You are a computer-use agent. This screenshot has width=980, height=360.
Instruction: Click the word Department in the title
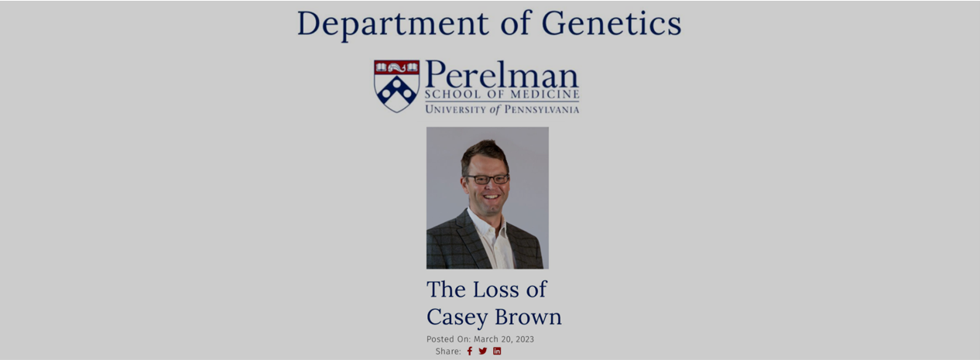click(x=392, y=25)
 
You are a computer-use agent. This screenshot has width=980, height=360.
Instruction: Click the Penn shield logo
click(x=396, y=86)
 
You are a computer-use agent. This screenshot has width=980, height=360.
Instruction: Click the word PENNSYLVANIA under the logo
click(x=542, y=109)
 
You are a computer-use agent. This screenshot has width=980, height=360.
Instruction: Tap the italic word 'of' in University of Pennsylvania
click(x=495, y=109)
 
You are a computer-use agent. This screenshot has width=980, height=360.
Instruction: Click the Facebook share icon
click(x=469, y=351)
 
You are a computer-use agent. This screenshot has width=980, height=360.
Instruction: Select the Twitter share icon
click(x=482, y=351)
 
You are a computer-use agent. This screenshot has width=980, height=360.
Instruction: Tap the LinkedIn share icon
click(x=497, y=351)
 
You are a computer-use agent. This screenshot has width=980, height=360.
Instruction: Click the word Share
click(x=448, y=351)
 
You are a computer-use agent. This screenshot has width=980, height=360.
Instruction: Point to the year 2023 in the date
click(x=524, y=339)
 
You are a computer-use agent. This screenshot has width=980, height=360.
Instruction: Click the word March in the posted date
click(x=486, y=339)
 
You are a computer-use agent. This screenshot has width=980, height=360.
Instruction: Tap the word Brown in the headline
click(x=528, y=316)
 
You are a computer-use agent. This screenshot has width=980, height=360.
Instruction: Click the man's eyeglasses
click(x=488, y=179)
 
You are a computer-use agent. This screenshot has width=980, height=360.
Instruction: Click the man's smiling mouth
click(x=491, y=197)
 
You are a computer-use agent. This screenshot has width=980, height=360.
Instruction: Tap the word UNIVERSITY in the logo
click(x=455, y=109)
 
